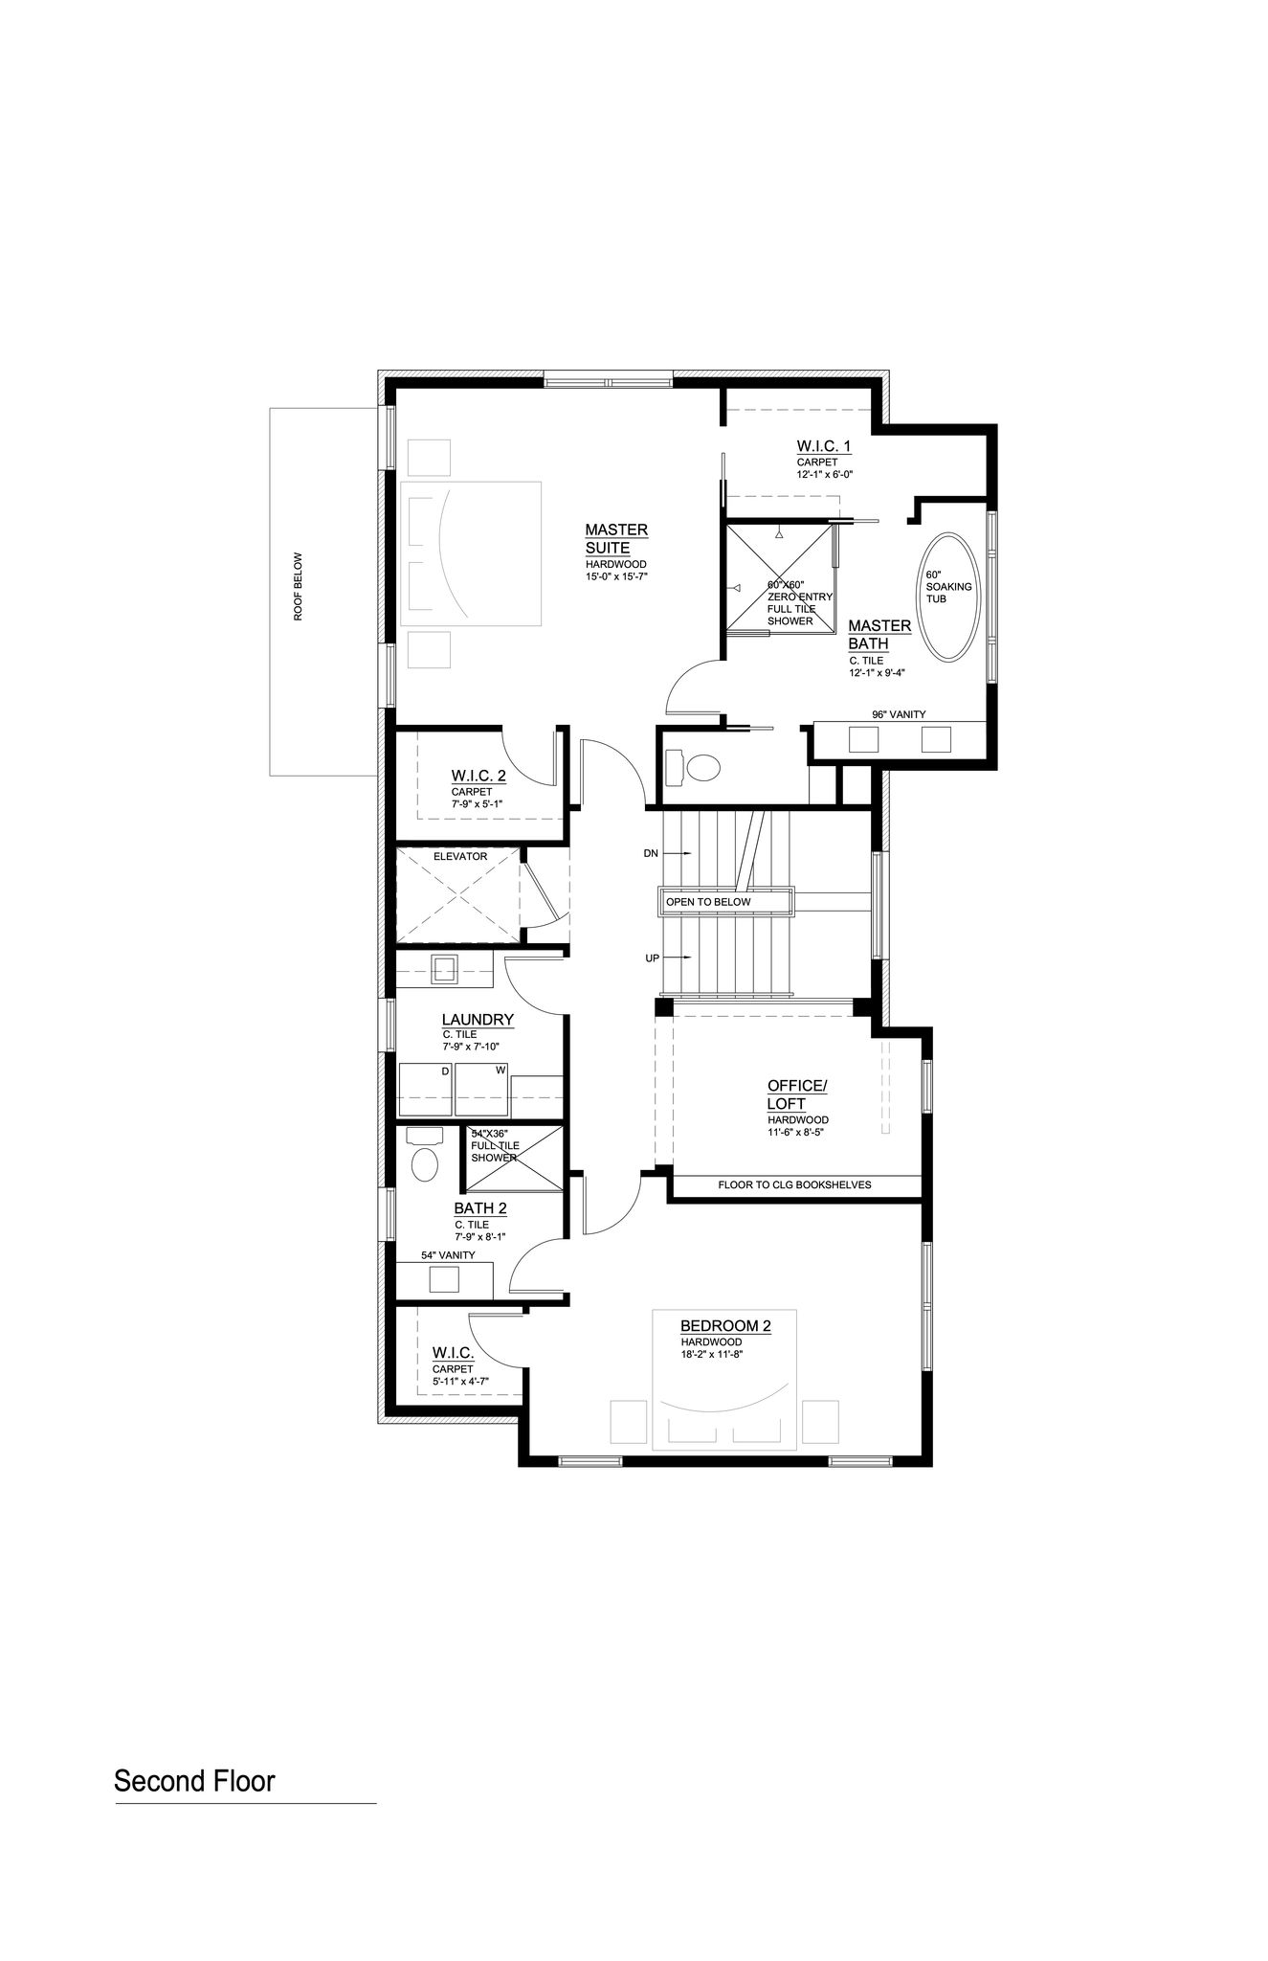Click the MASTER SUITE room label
click(x=617, y=538)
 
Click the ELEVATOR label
click(x=460, y=856)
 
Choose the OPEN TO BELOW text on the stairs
click(x=709, y=902)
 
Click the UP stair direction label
click(x=653, y=958)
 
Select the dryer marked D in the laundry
click(x=425, y=1089)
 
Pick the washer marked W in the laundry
click(x=481, y=1089)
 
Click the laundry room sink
click(x=445, y=969)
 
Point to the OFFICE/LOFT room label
click(x=796, y=1094)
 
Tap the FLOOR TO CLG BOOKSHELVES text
click(x=795, y=1184)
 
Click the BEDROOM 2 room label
click(x=725, y=1326)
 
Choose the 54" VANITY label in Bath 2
click(x=448, y=1255)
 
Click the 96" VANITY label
click(x=899, y=714)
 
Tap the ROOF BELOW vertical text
click(x=298, y=586)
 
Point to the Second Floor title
click(x=194, y=1781)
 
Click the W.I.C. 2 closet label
click(x=478, y=776)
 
